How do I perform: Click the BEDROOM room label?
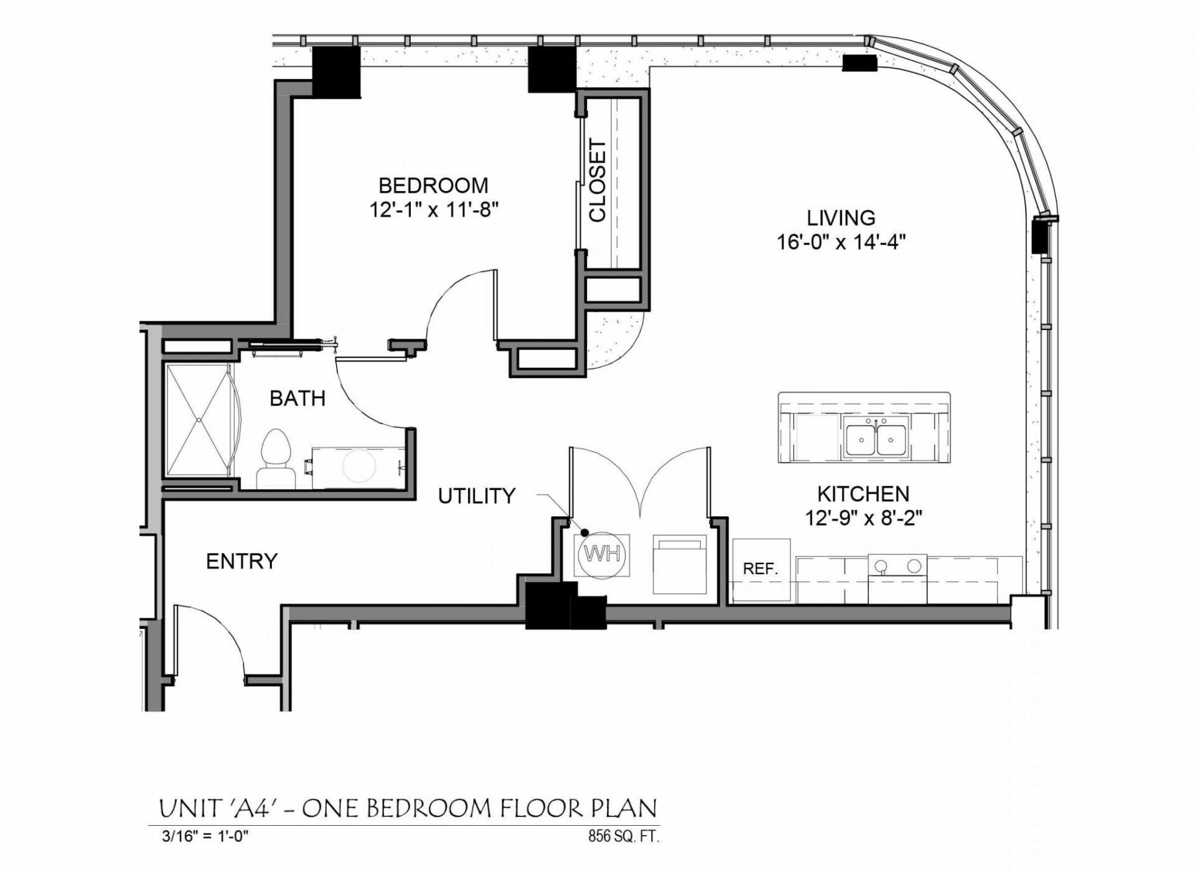[x=433, y=186]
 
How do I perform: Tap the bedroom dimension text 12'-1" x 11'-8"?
[x=434, y=210]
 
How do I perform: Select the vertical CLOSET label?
[x=597, y=180]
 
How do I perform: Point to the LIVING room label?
[x=841, y=218]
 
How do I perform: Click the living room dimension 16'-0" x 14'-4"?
[x=840, y=242]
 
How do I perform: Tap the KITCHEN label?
[x=863, y=494]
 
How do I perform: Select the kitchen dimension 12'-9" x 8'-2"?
[x=863, y=518]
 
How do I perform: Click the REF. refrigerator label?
[x=761, y=569]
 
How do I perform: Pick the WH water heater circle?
[x=602, y=554]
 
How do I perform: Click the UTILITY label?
[x=477, y=496]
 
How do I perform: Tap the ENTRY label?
[x=241, y=561]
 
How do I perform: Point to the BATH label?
[x=297, y=399]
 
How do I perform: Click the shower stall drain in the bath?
[x=199, y=420]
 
